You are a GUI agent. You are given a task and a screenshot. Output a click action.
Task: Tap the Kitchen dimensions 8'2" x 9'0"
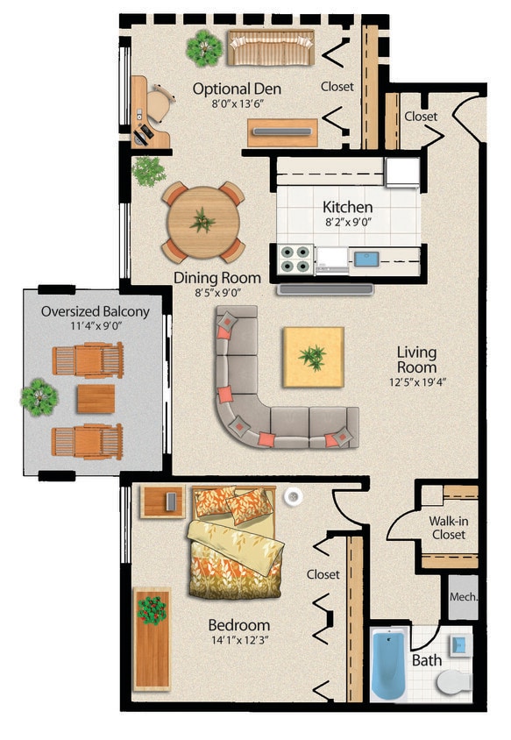point(348,224)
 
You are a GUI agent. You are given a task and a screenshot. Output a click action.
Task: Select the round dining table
point(202,222)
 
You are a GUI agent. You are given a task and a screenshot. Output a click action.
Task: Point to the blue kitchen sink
point(365,258)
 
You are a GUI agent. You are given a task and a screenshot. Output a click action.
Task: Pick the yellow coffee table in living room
point(312,357)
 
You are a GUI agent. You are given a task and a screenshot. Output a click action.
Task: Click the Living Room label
point(416,359)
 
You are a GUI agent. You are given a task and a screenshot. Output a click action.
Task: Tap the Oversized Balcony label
point(96,311)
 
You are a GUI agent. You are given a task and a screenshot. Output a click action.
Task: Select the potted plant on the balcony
point(39,397)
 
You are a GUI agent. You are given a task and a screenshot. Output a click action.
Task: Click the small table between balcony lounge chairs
point(95,399)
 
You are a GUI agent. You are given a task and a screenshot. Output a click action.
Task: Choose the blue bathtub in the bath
point(387,665)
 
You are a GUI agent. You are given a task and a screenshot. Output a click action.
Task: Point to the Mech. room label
point(463,597)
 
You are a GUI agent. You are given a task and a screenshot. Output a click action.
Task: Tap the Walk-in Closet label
point(447,527)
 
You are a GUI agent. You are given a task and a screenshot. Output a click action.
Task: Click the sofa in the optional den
point(271,47)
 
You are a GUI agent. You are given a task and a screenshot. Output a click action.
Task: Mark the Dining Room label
point(207,277)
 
